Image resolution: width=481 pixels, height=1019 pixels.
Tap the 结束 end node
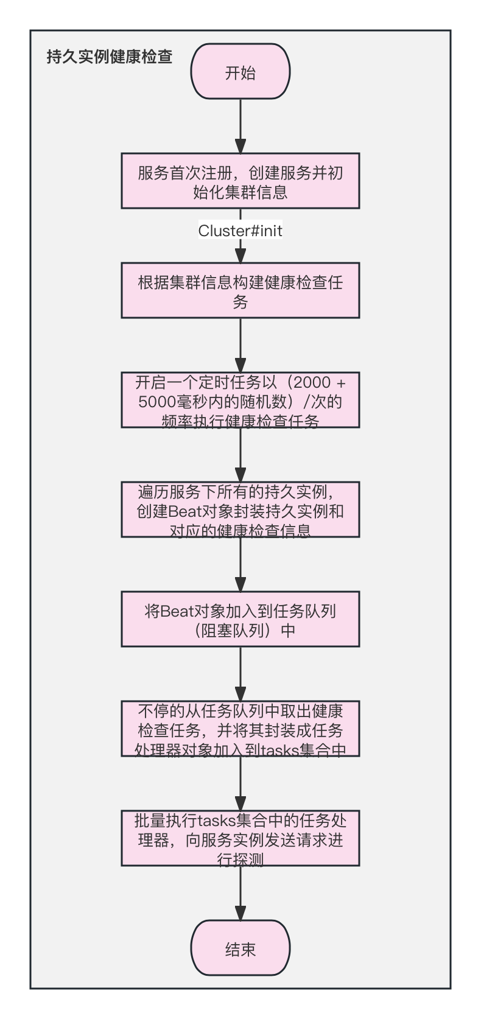click(x=240, y=949)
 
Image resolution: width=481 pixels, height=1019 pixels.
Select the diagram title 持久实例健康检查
click(x=110, y=57)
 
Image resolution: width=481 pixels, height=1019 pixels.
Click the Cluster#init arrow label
click(x=240, y=231)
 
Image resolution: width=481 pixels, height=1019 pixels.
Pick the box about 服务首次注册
click(x=240, y=182)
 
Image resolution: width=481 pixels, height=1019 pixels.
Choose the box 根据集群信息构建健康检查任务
click(x=240, y=291)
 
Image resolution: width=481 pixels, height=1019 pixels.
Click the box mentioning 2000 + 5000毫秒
click(x=240, y=401)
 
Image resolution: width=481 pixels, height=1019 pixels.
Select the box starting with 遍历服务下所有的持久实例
click(x=240, y=510)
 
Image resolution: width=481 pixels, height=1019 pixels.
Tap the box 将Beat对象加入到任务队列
click(x=240, y=620)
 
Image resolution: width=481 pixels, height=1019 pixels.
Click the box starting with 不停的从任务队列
click(x=240, y=729)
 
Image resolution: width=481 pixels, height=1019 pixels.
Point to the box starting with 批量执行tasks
click(x=240, y=839)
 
